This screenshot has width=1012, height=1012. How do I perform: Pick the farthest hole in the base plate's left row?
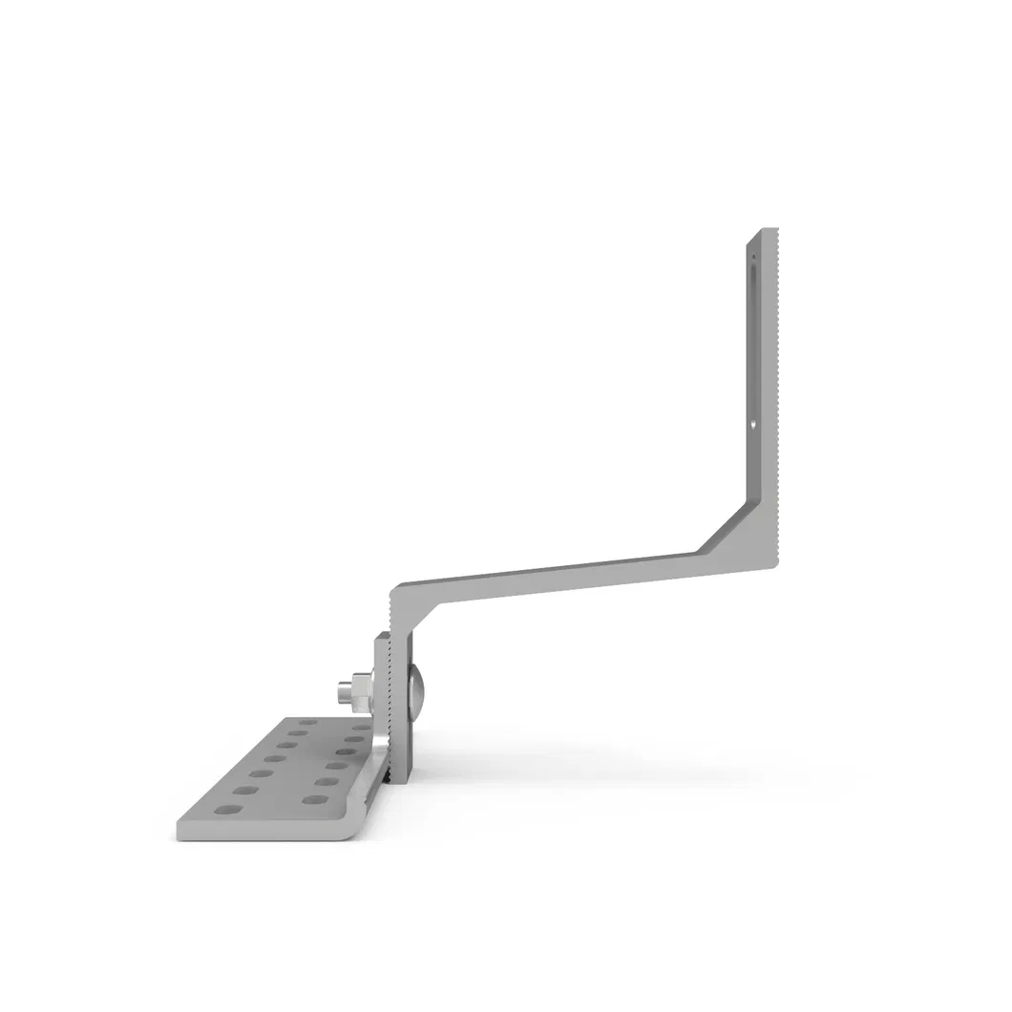pyautogui.click(x=308, y=723)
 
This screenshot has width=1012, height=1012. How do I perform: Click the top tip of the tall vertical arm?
pyautogui.click(x=763, y=231)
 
